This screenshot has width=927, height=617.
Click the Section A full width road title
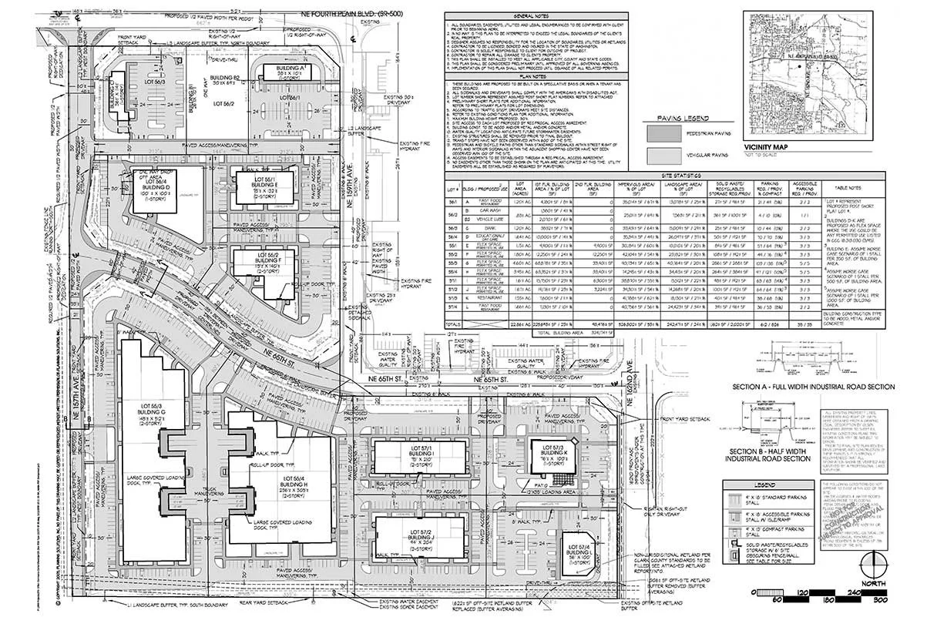click(x=814, y=386)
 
